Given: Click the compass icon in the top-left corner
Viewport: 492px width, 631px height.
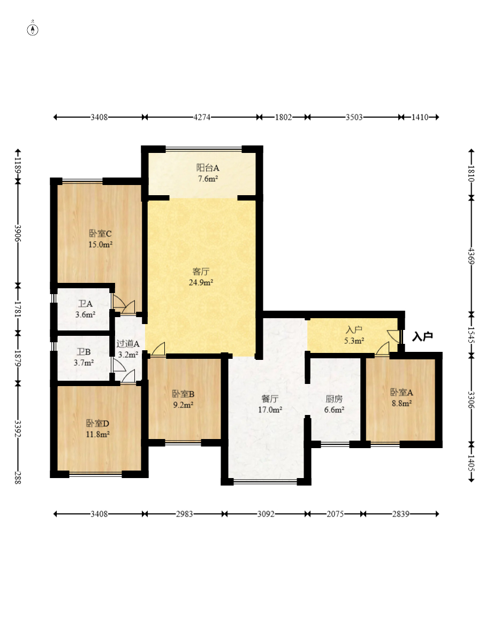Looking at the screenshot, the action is tap(33, 29).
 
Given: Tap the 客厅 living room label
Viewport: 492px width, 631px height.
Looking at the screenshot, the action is tap(201, 272).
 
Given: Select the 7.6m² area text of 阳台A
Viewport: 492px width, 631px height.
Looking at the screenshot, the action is tap(208, 179).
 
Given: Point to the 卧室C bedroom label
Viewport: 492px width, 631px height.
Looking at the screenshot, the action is tap(100, 233).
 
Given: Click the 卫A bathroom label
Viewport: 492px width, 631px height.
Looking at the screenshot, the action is tap(85, 304).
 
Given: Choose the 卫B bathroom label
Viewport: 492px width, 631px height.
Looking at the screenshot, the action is tap(84, 352).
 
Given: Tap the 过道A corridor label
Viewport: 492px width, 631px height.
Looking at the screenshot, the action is tap(128, 344).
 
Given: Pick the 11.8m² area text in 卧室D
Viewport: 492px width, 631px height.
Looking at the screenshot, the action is tap(97, 434).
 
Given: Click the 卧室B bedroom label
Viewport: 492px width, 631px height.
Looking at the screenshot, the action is tap(183, 394).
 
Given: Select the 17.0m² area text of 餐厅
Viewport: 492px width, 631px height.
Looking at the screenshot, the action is tap(270, 410).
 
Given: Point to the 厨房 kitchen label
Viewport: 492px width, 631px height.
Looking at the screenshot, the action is tap(334, 399).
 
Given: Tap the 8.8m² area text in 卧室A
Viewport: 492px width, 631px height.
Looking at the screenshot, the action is tap(402, 403).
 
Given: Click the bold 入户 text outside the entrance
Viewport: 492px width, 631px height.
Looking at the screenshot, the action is tap(422, 336).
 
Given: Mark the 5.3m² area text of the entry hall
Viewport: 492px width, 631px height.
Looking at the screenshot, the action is tap(354, 341).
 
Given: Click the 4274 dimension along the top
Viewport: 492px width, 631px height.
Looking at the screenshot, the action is tap(202, 117).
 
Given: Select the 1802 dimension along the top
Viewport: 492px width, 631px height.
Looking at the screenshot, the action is tap(283, 117).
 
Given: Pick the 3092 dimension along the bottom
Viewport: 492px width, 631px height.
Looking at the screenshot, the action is tap(266, 514).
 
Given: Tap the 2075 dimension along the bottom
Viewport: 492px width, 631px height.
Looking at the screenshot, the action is tap(335, 514).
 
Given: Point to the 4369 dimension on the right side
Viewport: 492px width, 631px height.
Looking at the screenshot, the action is tap(471, 256).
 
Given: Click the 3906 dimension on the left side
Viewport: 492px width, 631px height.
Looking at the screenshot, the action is tap(17, 233).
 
